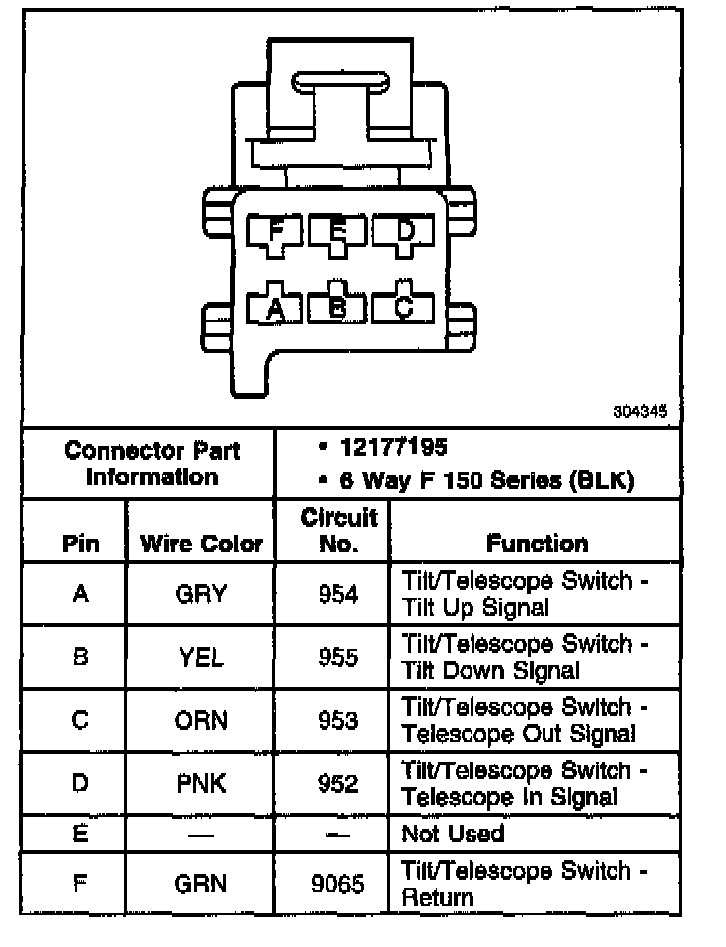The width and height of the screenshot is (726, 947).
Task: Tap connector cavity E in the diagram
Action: pos(337,233)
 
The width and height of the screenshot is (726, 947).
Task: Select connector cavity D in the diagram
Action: pos(403,233)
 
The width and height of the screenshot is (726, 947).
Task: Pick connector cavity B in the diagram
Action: pos(337,307)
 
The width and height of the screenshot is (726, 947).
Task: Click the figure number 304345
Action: pos(633,414)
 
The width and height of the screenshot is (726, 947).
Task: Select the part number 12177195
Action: pos(394,447)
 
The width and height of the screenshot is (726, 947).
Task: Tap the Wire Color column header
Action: pos(201,544)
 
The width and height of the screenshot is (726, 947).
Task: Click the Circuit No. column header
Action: pos(338,530)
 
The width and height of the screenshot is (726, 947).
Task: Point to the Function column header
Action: pos(537,543)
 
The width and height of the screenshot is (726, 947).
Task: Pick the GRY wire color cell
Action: pos(200,594)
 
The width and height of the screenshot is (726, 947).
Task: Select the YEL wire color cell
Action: pos(200,657)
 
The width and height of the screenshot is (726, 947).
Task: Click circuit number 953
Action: pos(338,720)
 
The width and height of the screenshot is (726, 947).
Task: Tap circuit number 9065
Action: pos(338,884)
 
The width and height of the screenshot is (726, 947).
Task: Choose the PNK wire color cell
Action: pos(200,783)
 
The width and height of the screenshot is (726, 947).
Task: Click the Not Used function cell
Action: pos(453,834)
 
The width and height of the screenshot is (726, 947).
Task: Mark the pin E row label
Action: pos(80,834)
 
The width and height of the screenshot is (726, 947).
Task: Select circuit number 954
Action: pos(338,594)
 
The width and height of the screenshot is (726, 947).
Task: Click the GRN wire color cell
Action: pos(200,884)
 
